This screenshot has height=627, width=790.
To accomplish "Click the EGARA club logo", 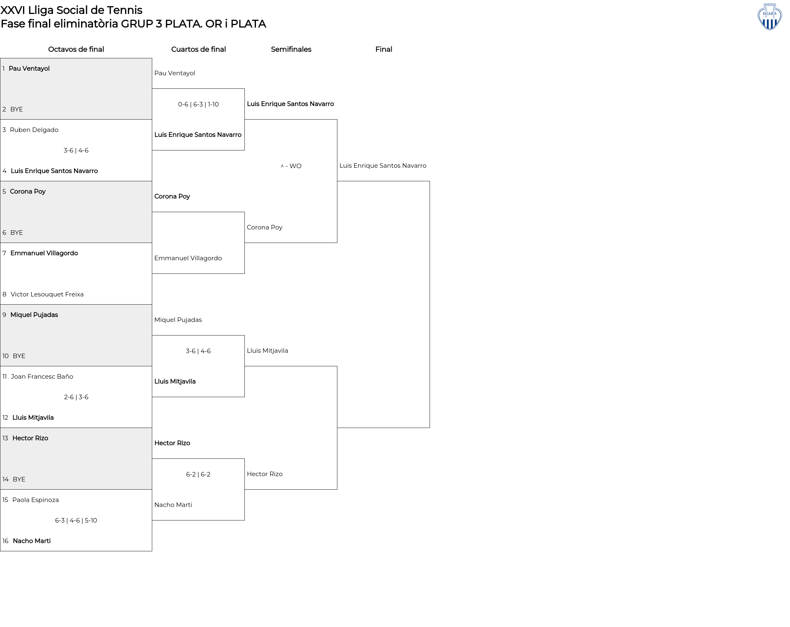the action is [769, 17].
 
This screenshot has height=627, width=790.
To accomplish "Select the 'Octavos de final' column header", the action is [76, 49].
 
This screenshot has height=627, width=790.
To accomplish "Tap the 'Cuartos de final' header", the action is [198, 49].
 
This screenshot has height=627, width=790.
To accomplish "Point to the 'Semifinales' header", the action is [291, 49].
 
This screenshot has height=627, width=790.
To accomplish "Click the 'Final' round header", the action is [383, 49].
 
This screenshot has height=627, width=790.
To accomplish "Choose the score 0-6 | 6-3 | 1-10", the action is [198, 104].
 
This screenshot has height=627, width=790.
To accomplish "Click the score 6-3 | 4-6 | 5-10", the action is [76, 521].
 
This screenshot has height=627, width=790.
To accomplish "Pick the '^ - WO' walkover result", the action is [291, 166].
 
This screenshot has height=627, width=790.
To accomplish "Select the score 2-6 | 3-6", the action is [76, 397].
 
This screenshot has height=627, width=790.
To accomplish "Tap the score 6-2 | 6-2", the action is [198, 474].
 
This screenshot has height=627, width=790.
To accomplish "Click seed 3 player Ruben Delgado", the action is [34, 130].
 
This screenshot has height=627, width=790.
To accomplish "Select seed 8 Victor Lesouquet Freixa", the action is [47, 294].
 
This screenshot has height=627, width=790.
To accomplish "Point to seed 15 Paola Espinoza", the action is [35, 500].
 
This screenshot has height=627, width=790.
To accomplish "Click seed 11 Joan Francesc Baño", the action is [42, 377].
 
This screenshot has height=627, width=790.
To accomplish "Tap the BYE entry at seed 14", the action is [19, 479].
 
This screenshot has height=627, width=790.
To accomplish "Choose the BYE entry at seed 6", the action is [16, 233].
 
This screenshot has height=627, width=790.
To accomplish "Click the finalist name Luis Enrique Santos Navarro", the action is [383, 166].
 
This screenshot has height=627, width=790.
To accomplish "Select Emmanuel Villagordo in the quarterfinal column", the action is [188, 258].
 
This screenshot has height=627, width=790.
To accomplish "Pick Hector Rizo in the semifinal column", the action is [265, 474].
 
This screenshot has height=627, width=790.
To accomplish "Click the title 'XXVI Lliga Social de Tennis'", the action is [71, 10].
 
